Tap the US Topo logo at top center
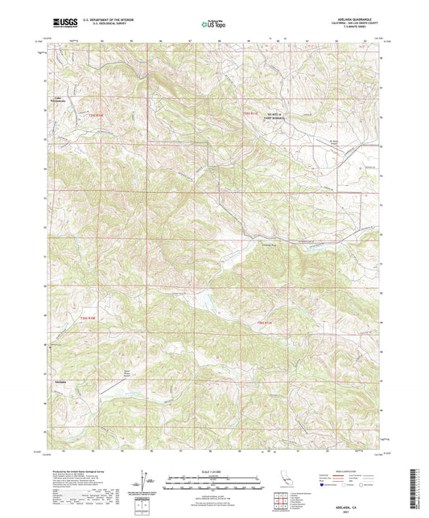pos(214,25)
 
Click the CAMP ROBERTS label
pos(278,116)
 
